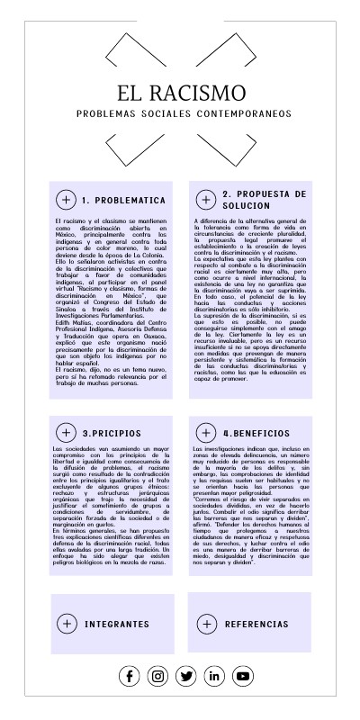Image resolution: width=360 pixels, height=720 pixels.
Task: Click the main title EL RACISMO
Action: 181,93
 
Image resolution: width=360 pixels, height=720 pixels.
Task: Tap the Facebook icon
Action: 130,676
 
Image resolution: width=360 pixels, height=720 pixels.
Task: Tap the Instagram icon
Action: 158,676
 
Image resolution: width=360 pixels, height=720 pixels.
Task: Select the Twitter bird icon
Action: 186,676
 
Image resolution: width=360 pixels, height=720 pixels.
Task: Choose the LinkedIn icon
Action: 214,676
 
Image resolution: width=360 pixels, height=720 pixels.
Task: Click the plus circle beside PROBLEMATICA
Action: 66,200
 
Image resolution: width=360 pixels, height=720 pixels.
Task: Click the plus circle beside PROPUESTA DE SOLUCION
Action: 206,200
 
